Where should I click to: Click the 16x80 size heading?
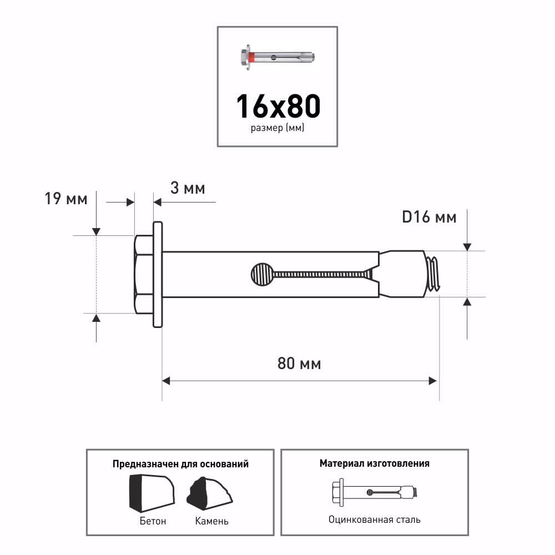pyautogui.click(x=278, y=106)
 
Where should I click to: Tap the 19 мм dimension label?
pyautogui.click(x=66, y=199)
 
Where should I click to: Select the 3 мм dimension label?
pyautogui.click(x=188, y=188)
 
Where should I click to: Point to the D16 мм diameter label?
pyautogui.click(x=429, y=217)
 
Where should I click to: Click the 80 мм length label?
pyautogui.click(x=299, y=364)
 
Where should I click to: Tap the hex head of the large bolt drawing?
pyautogui.click(x=144, y=274)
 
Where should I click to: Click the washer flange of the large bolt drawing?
pyautogui.click(x=158, y=274)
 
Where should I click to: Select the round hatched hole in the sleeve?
pyautogui.click(x=262, y=274)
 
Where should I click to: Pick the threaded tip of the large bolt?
pyautogui.click(x=432, y=274)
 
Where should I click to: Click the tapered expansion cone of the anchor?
pyautogui.click(x=402, y=274)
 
